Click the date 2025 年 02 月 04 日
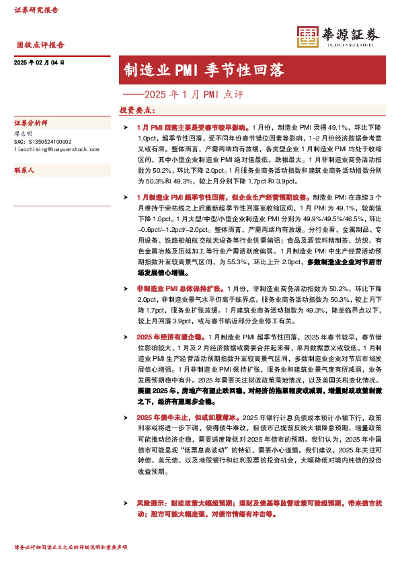coord(38,63)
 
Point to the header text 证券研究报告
coord(37,10)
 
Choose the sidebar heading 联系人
coord(25,171)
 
